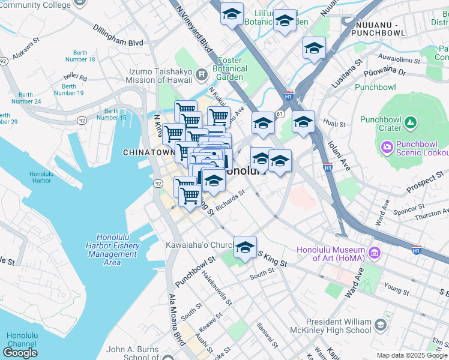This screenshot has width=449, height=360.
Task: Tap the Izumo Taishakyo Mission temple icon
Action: [x=202, y=75]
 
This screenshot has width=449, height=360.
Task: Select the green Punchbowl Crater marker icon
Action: [x=411, y=124]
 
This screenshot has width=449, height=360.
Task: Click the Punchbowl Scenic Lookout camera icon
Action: [x=387, y=146]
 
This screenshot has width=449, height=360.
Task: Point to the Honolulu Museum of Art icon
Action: [x=375, y=252]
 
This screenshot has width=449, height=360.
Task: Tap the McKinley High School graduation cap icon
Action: [x=380, y=325]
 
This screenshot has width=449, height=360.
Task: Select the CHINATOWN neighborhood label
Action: [x=148, y=152]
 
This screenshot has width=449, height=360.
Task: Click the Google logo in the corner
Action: [x=20, y=353]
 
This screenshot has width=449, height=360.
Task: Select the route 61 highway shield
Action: [x=280, y=113]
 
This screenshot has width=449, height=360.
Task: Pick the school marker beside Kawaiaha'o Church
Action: [x=245, y=247]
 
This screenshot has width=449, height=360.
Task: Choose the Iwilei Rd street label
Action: [x=75, y=76]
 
